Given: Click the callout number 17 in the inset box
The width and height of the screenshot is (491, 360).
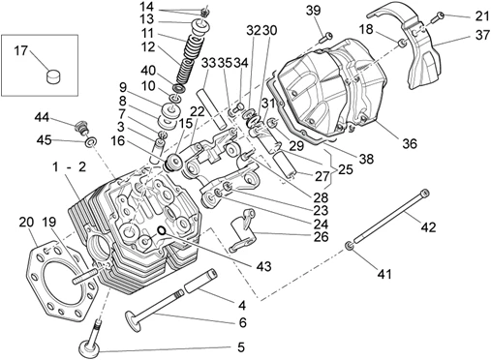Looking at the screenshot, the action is tap(21, 50).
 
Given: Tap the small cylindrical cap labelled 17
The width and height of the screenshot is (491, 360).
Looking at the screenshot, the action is tap(53, 76).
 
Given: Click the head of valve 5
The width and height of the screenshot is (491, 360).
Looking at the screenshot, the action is tap(89, 348).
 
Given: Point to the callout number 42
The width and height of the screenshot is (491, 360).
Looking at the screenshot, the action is tap(428, 227).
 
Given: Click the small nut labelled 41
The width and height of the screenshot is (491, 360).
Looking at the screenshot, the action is tap(349, 246).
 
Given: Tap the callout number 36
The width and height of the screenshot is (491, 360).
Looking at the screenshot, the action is tap(410, 143).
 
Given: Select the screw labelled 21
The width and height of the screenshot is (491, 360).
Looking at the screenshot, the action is tap(437, 16).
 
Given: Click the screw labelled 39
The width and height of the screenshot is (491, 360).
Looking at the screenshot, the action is tap(324, 37).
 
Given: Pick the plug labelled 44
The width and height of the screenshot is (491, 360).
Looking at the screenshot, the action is tap(82, 127).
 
